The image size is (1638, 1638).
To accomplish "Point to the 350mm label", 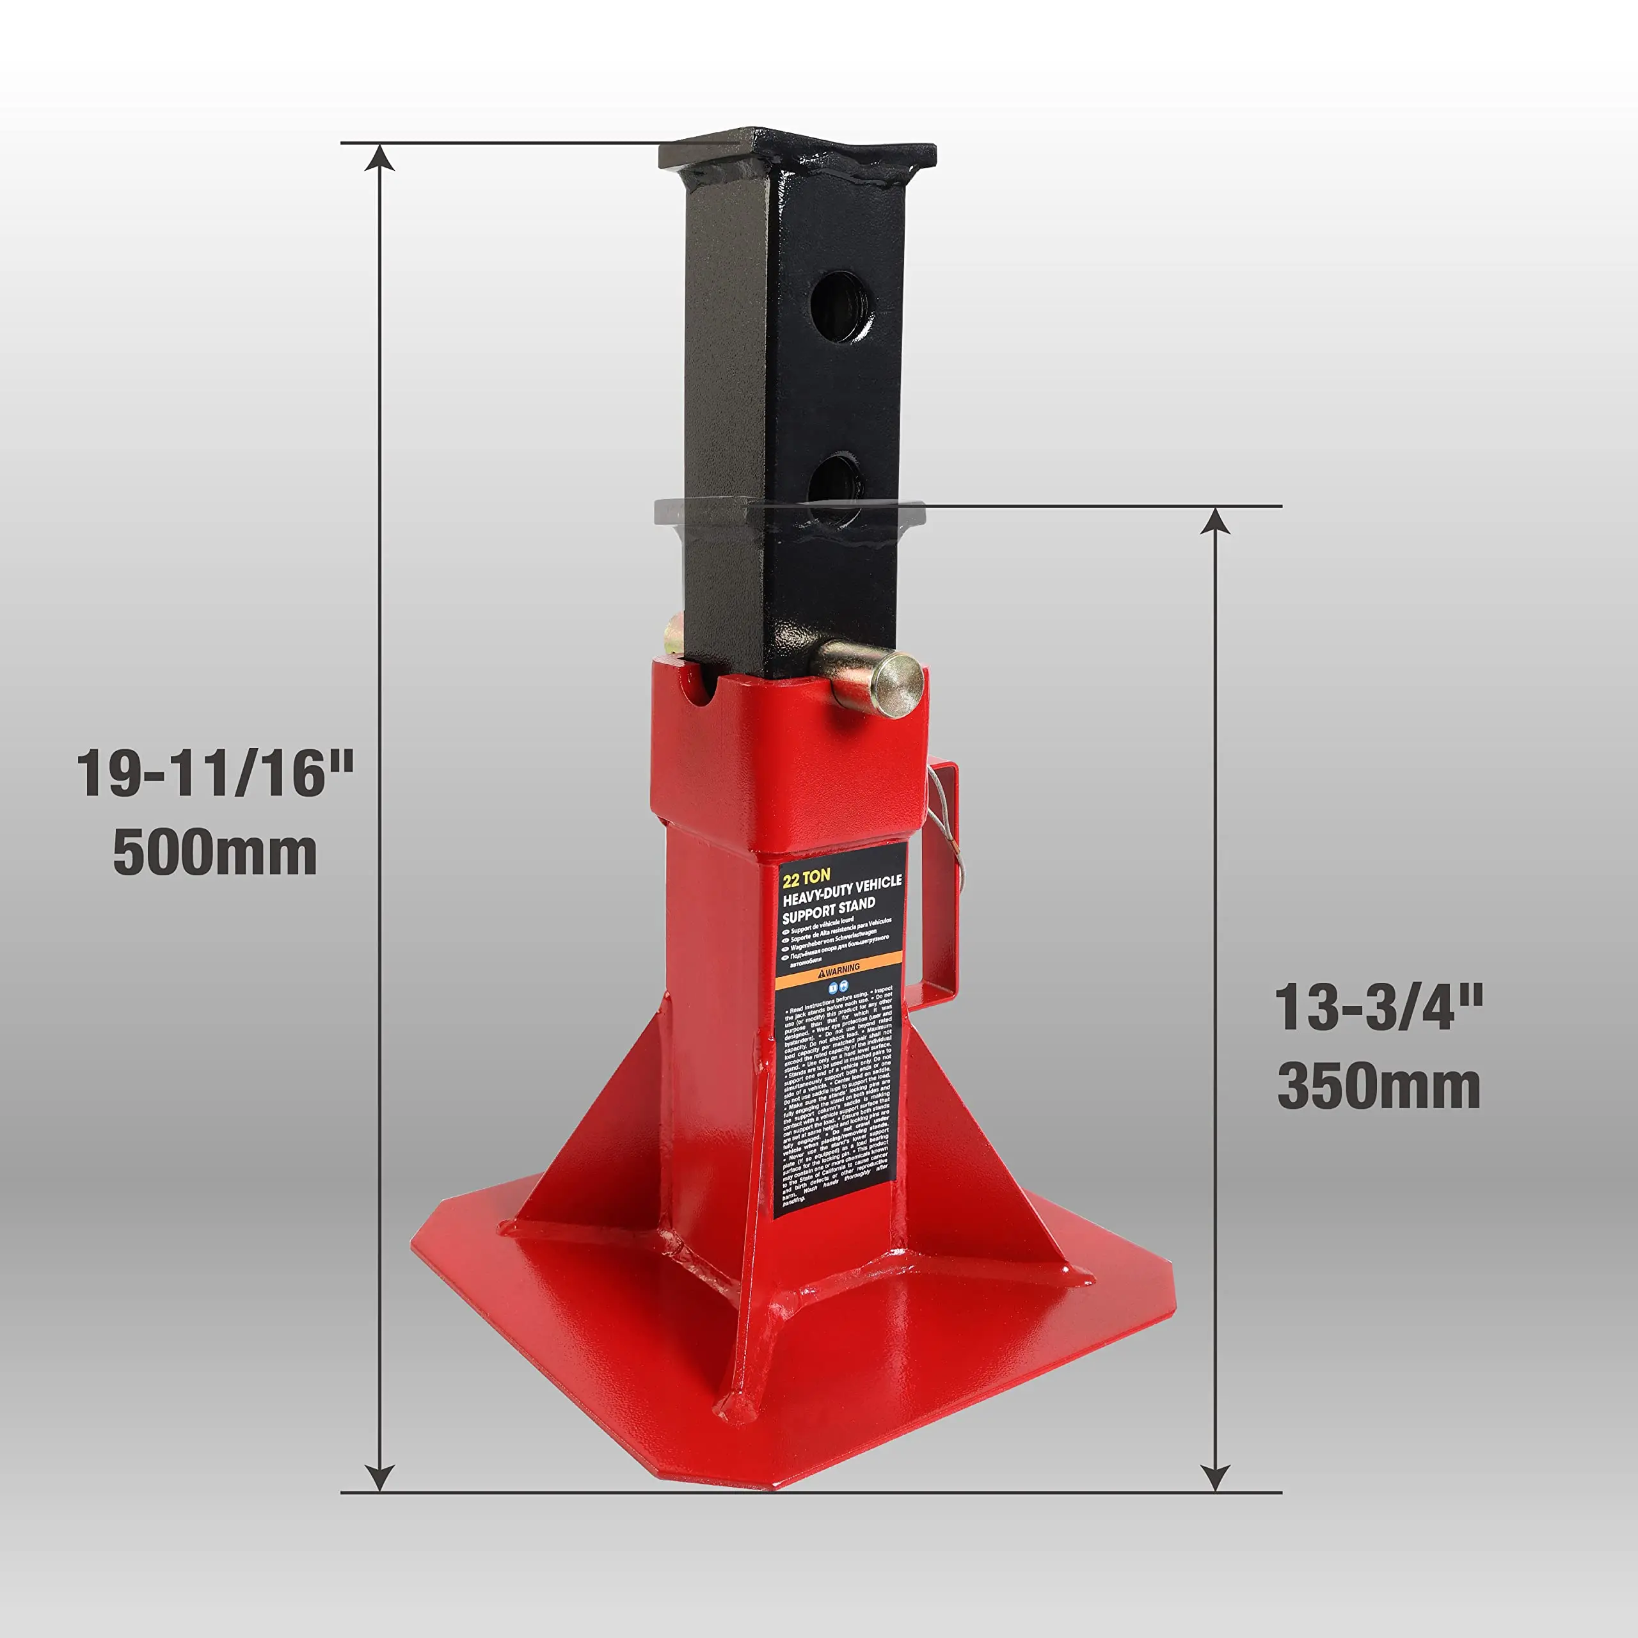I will [1380, 1087].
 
